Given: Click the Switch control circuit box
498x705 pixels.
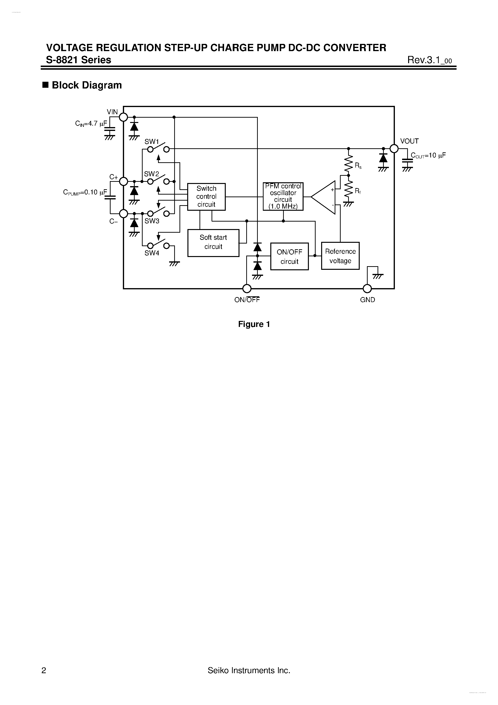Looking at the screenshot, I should pos(206,197).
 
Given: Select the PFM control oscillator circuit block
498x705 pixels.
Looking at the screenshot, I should pos(283,196).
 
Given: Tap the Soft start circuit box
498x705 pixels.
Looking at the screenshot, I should pos(213,243).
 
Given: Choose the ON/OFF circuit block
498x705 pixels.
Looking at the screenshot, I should pos(289,256).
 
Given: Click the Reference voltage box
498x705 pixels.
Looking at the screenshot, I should pos(340,256).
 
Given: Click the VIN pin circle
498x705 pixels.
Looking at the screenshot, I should pos(123,117).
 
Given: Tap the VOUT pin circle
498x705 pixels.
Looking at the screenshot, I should pos(394,149).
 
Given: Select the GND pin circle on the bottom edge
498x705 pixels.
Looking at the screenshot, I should pos(367,289).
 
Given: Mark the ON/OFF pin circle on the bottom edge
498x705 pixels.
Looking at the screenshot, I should pos(247,289).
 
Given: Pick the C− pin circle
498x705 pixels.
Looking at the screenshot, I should pos(123,213).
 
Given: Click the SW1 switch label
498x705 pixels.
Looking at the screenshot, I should pos(152,142).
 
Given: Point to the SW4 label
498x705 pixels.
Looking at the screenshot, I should pos(152,253).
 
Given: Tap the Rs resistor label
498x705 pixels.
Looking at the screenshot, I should pos(358,166).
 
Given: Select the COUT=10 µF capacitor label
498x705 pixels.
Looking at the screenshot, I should pos(428,155).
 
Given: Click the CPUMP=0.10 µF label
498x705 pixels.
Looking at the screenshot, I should pos(85,192).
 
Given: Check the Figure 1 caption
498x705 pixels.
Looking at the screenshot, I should pos(254,324).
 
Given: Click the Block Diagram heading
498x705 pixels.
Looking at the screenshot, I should pos(86,85).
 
